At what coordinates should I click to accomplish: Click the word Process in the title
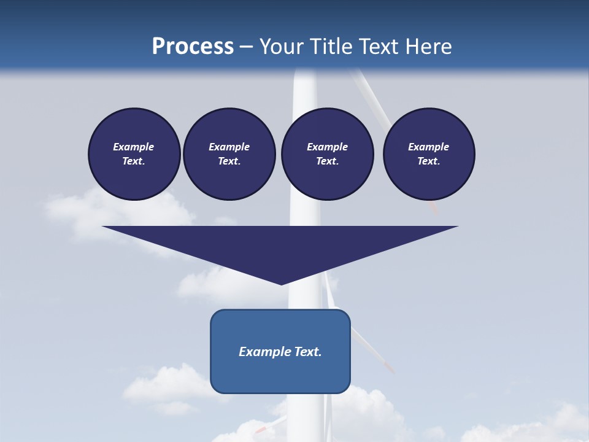point(193,47)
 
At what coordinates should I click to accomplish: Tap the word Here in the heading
point(428,47)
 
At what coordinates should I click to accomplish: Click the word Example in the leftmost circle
point(134,147)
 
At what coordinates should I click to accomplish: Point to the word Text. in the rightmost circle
point(429,161)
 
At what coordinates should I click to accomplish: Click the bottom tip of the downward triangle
point(281,284)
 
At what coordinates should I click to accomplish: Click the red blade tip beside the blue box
point(388,368)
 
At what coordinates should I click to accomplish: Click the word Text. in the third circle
point(327,161)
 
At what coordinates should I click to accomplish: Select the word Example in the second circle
point(229,147)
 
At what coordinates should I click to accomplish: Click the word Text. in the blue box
point(307,352)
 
